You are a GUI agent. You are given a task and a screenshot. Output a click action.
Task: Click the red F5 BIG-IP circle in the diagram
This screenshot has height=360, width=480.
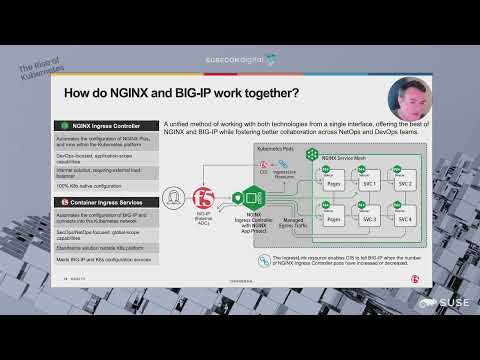[204, 197]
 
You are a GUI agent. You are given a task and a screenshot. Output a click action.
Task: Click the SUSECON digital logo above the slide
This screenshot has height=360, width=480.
[239, 60]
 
